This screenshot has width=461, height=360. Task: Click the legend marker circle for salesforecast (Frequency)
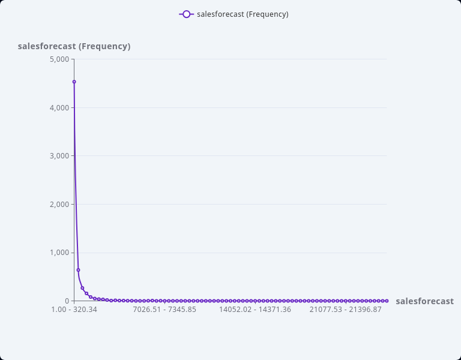[186, 14]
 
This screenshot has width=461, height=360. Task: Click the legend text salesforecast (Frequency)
[243, 14]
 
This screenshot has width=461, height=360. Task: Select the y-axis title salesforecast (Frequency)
[74, 46]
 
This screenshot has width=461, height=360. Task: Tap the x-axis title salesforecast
[424, 301]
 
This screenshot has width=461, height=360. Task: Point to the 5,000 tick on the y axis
[59, 59]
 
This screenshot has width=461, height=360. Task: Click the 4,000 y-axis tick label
[59, 108]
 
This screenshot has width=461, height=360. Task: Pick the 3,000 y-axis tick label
[59, 156]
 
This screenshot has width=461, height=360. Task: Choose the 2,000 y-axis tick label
[59, 205]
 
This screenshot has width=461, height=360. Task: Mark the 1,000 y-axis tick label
[59, 253]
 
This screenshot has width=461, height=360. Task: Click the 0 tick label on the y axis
[67, 301]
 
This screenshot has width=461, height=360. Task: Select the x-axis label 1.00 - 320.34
[74, 310]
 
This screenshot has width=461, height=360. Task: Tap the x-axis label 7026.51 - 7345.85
[164, 310]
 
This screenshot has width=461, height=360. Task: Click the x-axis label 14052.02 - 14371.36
[255, 310]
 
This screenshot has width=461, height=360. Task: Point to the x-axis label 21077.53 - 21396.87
[345, 310]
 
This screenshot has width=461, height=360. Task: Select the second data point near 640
[78, 270]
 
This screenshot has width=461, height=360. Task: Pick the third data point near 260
[82, 288]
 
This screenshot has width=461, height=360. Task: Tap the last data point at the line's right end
[387, 301]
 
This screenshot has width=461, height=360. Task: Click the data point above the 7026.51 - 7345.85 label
[164, 301]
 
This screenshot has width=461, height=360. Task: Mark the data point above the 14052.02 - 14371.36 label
[255, 301]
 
